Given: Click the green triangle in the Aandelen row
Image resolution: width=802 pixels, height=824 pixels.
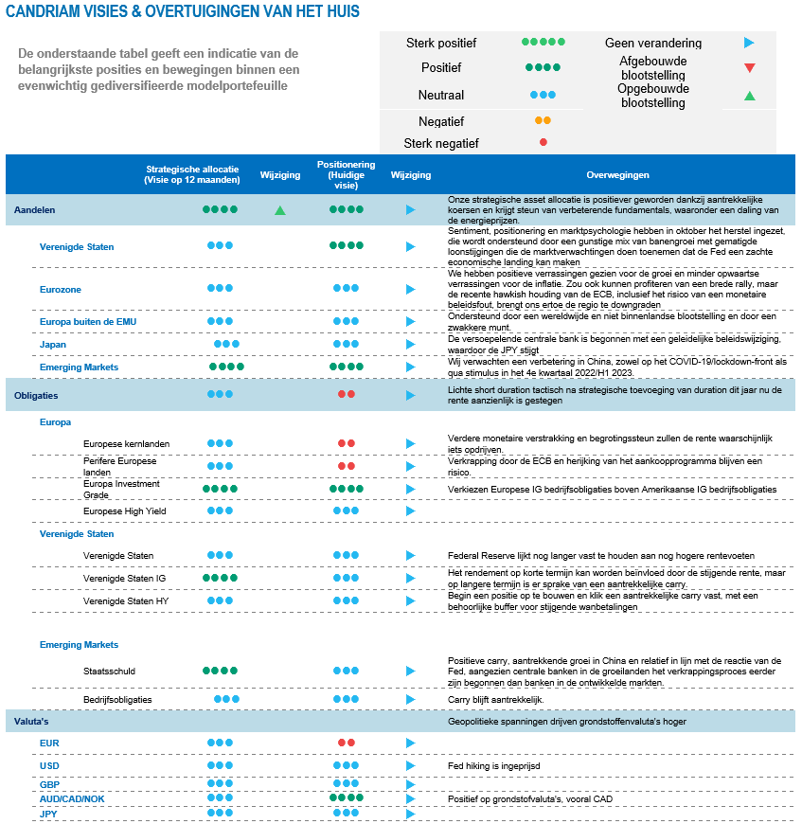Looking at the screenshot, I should [280, 210].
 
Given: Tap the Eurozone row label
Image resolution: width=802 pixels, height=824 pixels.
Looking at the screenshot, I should [61, 289].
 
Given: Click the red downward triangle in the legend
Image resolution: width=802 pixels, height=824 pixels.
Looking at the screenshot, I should [749, 68].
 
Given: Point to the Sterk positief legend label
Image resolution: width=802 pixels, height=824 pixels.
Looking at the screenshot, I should [441, 43].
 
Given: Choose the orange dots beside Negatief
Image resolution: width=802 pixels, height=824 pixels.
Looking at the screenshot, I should [543, 121].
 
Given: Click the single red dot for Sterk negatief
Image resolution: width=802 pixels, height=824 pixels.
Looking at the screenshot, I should [543, 143].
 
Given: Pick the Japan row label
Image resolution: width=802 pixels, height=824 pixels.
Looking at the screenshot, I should [53, 345].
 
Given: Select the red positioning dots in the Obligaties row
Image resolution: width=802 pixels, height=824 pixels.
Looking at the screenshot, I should [347, 394].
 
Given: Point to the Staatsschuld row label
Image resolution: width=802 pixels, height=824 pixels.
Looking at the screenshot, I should [110, 672].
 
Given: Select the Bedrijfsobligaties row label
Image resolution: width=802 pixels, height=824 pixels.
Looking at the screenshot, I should [118, 700].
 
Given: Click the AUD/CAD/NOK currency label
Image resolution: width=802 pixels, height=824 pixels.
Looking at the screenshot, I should [72, 799].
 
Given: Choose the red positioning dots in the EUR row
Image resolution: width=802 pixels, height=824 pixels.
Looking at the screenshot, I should [347, 743].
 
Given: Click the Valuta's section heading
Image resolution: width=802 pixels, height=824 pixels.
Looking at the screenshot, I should [30, 723].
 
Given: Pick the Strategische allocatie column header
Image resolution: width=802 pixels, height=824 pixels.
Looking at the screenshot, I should [192, 174].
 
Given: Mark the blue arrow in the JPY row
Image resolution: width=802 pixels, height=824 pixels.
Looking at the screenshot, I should [411, 814].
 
